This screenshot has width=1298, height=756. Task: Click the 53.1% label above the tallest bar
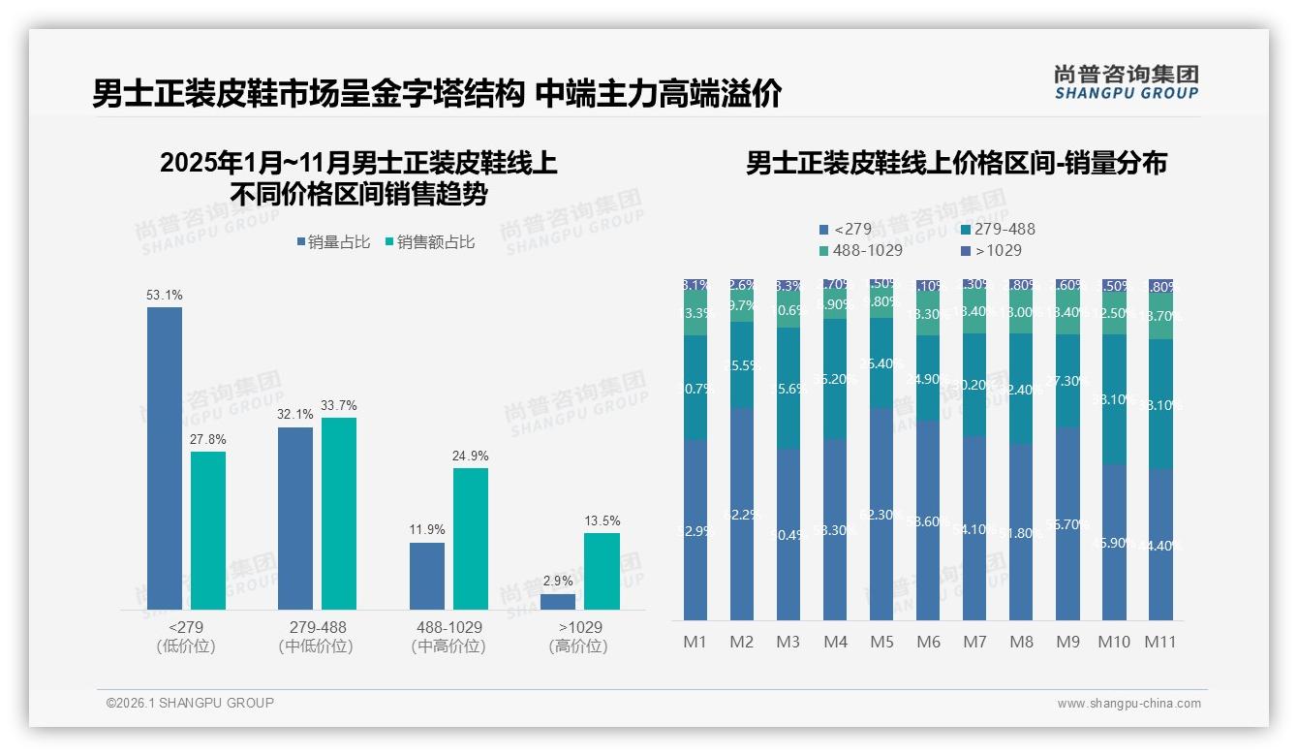coord(165,295)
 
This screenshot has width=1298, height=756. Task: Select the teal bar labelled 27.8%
coord(208,530)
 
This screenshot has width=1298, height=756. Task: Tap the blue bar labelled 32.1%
coord(295,519)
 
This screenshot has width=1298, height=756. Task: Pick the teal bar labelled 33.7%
coord(339,514)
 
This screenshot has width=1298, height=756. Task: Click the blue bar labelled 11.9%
coord(427,576)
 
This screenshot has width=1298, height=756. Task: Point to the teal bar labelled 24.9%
coord(471,539)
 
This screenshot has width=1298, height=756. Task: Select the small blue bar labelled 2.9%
coord(558,602)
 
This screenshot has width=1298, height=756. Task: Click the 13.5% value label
coord(602,521)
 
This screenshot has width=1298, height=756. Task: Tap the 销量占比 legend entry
coord(333,242)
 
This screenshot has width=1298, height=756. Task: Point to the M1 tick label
coord(695,642)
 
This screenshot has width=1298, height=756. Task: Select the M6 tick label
coord(928,642)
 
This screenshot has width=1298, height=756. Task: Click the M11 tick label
coord(1160,642)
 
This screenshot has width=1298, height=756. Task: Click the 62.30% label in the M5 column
coord(881,516)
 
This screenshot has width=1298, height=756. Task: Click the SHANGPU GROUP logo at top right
coord(1126,82)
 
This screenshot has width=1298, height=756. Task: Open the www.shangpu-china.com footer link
coord(1128,704)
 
